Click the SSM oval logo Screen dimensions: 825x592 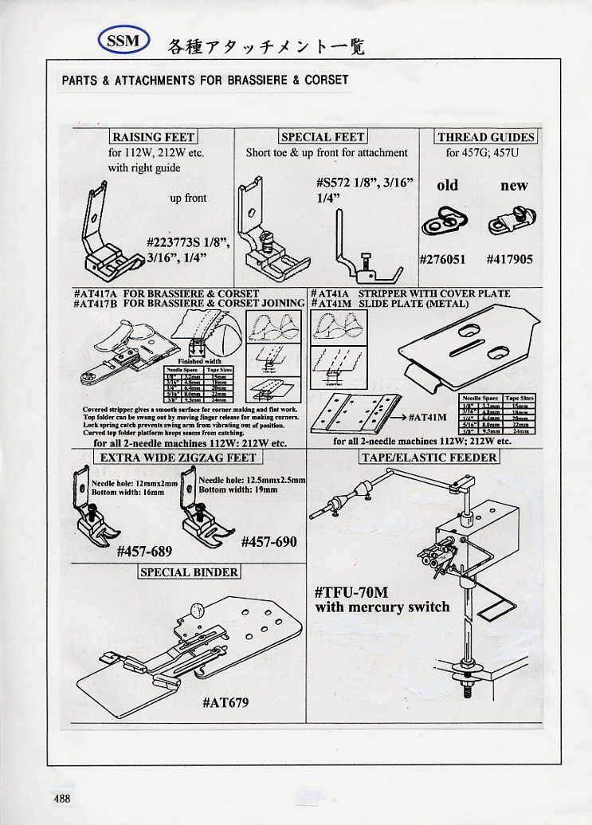(123, 41)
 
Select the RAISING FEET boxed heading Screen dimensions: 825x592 (153, 137)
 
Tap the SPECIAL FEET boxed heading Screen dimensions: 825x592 (323, 137)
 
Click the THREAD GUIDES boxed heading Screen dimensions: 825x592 (485, 137)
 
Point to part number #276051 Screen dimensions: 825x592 (443, 259)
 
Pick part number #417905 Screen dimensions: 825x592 (509, 259)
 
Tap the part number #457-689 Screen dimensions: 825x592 (144, 551)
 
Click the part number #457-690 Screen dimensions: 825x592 (269, 542)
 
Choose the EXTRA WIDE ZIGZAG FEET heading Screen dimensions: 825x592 (178, 458)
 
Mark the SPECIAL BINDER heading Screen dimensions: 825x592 (189, 572)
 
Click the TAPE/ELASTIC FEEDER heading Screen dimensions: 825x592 (429, 458)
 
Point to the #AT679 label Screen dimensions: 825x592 (225, 702)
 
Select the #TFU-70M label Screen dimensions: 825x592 (351, 592)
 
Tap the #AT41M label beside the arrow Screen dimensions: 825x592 (426, 417)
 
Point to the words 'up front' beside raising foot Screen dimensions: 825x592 (188, 198)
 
